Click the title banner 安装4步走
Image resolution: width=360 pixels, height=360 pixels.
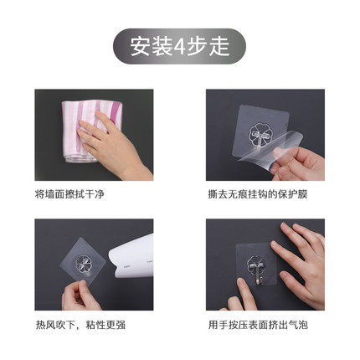(x=179, y=46)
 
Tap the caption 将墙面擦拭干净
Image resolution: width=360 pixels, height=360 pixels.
(x=69, y=194)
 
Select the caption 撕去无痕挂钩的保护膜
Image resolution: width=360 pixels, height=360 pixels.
(x=258, y=194)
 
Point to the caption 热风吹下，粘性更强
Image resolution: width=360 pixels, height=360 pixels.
(x=80, y=325)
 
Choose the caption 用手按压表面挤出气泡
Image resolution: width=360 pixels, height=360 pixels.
(x=258, y=325)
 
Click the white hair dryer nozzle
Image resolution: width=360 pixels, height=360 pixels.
(x=131, y=257)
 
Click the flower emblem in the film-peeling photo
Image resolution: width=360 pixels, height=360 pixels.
(x=259, y=134)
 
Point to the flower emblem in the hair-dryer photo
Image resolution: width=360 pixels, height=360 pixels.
(x=84, y=264)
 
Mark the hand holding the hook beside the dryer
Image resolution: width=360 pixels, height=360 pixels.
(x=80, y=296)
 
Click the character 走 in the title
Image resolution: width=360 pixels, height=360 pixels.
(x=219, y=47)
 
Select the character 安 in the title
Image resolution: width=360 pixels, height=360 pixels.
(x=141, y=47)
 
